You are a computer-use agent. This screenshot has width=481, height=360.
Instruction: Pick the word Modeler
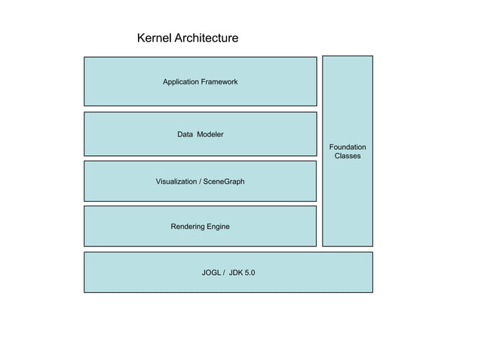click(x=211, y=134)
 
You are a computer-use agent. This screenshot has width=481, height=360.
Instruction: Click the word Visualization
click(x=176, y=182)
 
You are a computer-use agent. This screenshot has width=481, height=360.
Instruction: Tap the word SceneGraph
click(x=224, y=182)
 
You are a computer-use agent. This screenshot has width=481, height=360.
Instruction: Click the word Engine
click(x=218, y=227)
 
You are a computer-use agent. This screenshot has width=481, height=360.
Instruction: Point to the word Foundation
click(x=348, y=147)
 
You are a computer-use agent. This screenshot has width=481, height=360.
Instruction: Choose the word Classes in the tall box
click(x=348, y=156)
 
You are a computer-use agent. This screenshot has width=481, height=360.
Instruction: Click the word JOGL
click(x=211, y=273)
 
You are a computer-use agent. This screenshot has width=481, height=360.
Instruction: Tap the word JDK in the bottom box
click(x=236, y=273)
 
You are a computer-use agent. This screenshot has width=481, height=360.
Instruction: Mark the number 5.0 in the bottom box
click(x=250, y=273)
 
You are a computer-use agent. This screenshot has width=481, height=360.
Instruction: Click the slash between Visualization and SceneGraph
click(x=201, y=182)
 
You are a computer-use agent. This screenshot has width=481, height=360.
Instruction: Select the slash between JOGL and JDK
click(x=224, y=273)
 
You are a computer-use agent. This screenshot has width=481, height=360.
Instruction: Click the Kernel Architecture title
click(x=187, y=38)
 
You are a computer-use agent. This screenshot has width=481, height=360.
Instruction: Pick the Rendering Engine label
click(x=200, y=227)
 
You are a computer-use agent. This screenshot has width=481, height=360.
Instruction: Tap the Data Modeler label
click(x=200, y=134)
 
